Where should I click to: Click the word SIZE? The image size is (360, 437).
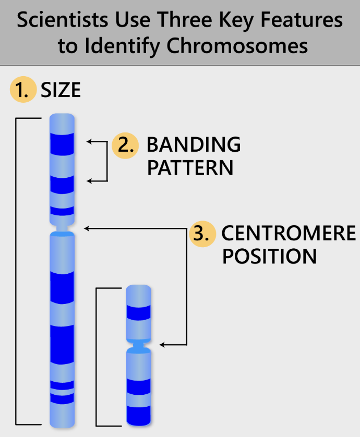coord(61,91)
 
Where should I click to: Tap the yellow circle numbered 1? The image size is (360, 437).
coord(22,91)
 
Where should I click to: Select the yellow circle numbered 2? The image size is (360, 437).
coord(125,145)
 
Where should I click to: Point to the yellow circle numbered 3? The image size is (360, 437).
coord(201,233)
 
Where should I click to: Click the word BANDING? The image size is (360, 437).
coord(194,144)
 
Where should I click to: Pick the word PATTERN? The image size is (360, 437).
coord(190,168)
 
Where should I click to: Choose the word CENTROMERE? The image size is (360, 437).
coord(289,233)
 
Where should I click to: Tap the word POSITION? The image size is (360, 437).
coord(269,257)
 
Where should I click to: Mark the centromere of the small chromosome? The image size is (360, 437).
coord(139,344)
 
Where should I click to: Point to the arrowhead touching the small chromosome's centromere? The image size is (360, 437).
coord(162,344)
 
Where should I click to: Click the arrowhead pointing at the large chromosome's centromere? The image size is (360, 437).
coord(87,228)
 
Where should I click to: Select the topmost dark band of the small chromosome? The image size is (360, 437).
coord(139,312)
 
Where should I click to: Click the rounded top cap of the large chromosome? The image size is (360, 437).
coord(62,121)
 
